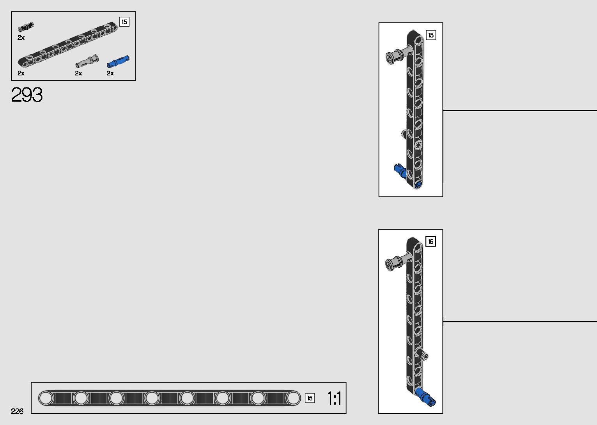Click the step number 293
tap(27, 95)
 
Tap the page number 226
tap(17, 411)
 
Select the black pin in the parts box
tap(26, 27)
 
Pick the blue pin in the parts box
tap(118, 61)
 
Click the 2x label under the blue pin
tap(110, 73)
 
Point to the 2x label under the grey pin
tap(78, 73)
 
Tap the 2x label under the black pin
tap(21, 37)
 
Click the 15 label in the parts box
tap(124, 22)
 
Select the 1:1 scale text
tap(334, 398)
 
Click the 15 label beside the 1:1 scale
tap(310, 398)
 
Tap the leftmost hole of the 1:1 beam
tap(46, 398)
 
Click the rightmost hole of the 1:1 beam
tap(293, 398)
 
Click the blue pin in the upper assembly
tap(400, 171)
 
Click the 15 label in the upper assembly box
tap(431, 35)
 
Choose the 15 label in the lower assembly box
tap(430, 242)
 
